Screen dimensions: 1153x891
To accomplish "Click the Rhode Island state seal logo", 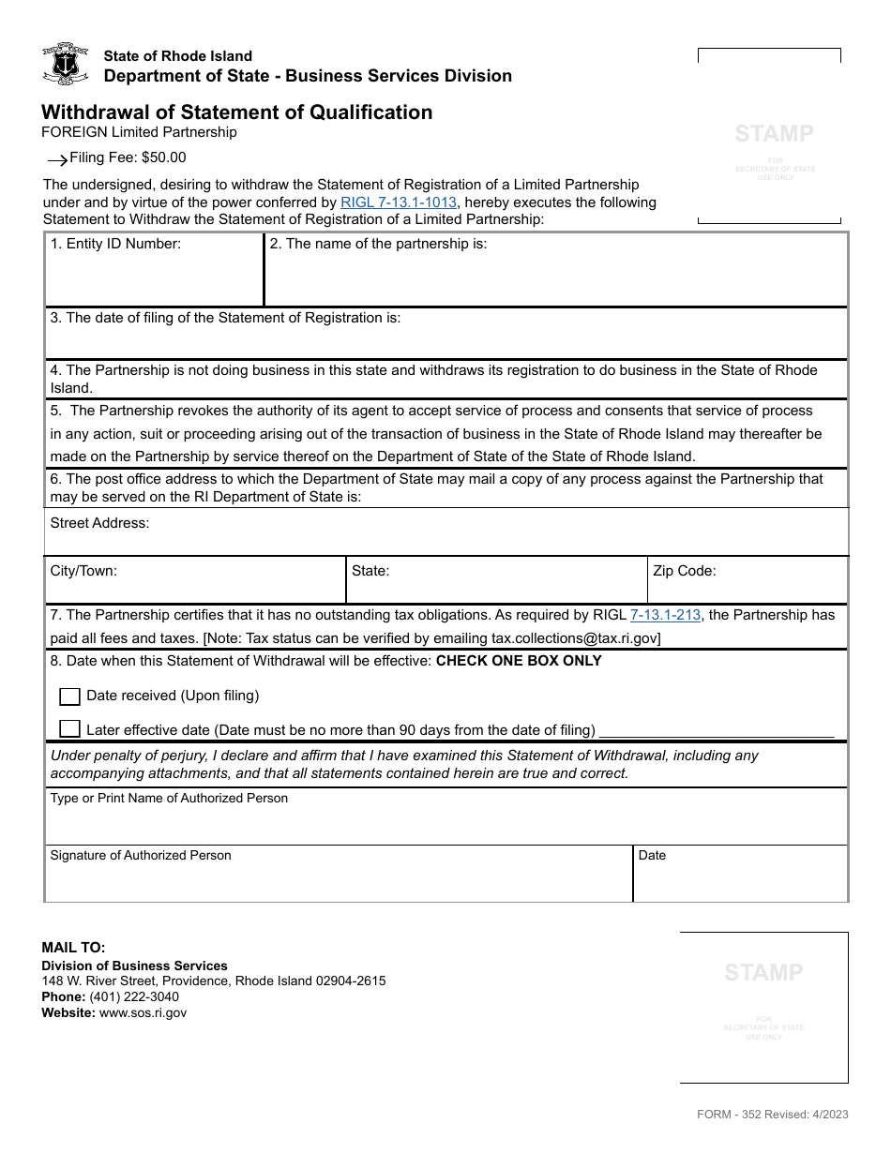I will point(66,64).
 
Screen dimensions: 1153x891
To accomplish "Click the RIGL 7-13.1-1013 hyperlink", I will point(400,202).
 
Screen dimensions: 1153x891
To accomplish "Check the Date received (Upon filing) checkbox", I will point(69,696).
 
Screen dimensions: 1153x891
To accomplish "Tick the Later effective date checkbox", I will point(69,729).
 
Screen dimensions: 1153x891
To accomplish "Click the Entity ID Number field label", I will point(115,244).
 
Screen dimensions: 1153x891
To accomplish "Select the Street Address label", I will point(99,523).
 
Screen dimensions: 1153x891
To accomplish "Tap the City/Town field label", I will point(83,570).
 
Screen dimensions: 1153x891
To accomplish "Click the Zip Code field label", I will point(684,570).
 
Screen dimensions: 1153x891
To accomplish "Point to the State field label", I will point(370,570).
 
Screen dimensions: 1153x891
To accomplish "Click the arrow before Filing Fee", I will point(57,160).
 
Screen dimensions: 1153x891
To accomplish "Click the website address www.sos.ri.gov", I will point(143,1012).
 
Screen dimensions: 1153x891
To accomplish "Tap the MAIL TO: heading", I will point(73,948).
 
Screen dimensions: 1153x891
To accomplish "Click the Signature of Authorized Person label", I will point(141,855).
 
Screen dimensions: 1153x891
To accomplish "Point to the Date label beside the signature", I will point(652,855).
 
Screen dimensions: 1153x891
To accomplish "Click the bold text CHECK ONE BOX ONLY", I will point(519,660).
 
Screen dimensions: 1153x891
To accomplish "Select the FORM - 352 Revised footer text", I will point(772,1114).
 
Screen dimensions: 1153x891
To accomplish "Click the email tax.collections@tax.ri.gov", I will point(576,638).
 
